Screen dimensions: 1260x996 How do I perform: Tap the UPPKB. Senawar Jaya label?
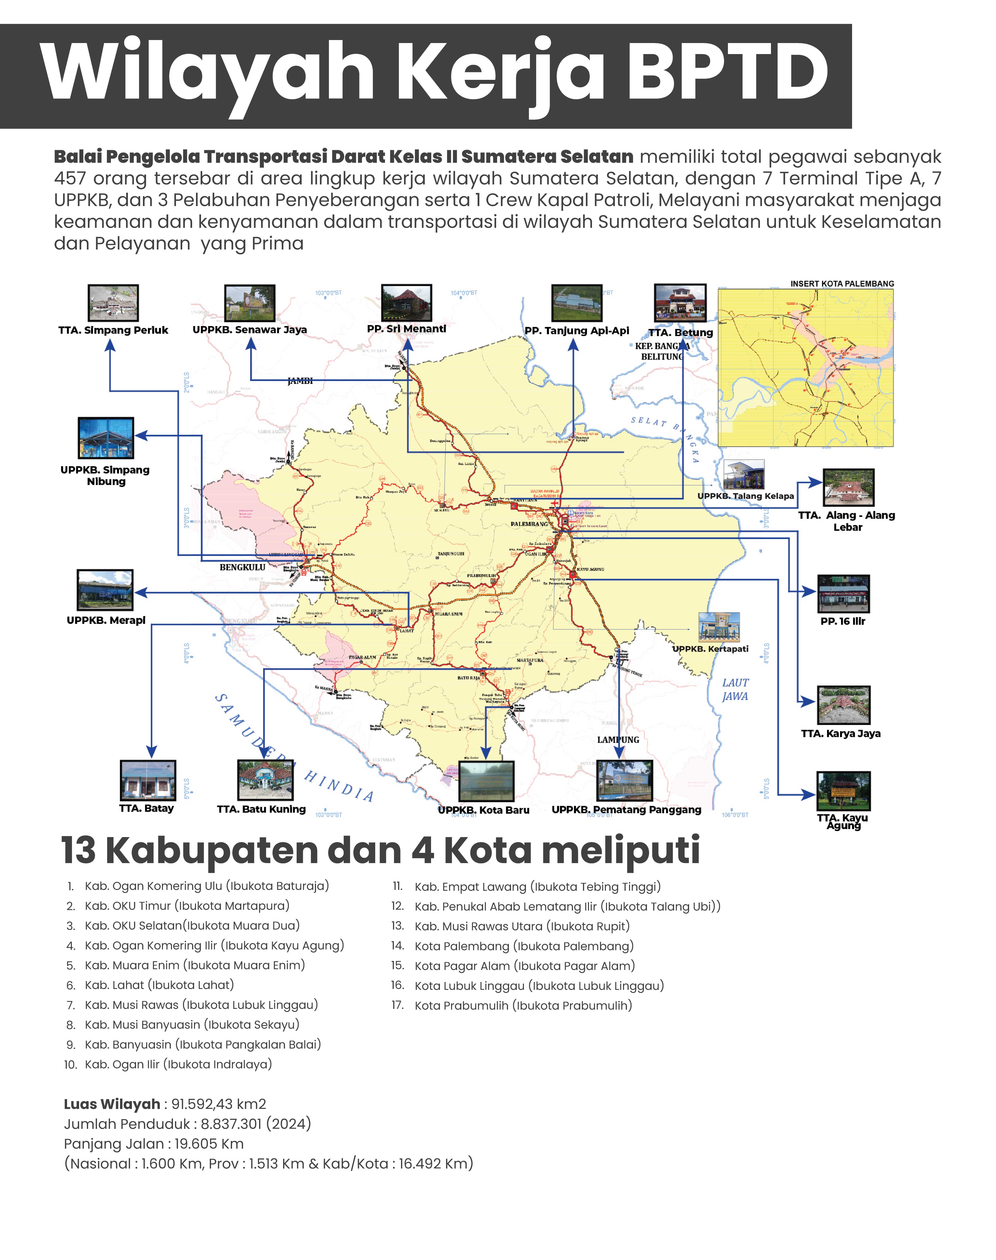pos(250,329)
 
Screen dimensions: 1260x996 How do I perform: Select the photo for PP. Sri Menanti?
pos(407,302)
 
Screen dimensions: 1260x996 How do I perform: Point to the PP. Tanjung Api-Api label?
pos(576,331)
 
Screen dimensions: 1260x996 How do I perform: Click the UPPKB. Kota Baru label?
pos(483,810)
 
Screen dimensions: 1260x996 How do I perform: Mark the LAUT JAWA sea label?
pos(735,689)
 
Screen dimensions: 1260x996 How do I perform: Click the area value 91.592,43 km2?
pos(219,1104)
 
